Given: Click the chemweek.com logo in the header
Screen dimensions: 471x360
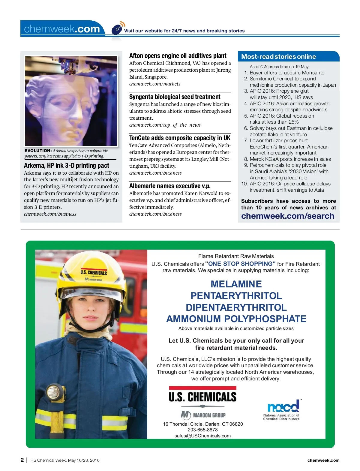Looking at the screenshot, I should pos(62,29).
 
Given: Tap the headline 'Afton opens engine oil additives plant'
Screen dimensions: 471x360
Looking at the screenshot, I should pos(178,56).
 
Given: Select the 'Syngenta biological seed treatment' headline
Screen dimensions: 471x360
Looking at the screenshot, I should pos(175,97).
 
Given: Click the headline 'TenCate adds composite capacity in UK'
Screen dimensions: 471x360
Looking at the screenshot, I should pos(180,138).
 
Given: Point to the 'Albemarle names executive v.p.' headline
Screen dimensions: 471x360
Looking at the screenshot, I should pos(170,186).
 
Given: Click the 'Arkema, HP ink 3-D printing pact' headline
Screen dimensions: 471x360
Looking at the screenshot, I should pos(67,166).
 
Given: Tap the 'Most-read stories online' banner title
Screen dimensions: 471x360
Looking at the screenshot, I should pos(278,57).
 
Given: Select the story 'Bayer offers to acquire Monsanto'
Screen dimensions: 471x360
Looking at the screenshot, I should pos(287,73).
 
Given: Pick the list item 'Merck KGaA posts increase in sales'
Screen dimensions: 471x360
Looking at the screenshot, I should pos(290,159).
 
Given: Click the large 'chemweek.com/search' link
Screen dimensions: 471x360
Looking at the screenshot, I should pos(287,216).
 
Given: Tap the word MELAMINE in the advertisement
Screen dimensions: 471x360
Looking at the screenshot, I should pos(236,284).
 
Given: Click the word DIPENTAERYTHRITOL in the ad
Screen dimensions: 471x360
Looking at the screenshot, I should pos(236,307).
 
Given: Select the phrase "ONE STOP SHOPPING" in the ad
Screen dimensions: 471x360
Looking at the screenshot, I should pos(240,264).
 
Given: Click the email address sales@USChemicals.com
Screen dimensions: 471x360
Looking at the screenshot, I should pos(202,436).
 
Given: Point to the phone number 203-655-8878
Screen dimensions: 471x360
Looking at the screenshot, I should pos(202,430).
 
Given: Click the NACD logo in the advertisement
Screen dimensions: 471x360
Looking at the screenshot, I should pos(282,409).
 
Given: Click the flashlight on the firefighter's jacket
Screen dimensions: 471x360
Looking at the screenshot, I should pos(54,393).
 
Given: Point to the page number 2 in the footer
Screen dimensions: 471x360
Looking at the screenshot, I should pos(22,460).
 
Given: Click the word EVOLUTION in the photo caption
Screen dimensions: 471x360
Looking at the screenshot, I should pos(38,151).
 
